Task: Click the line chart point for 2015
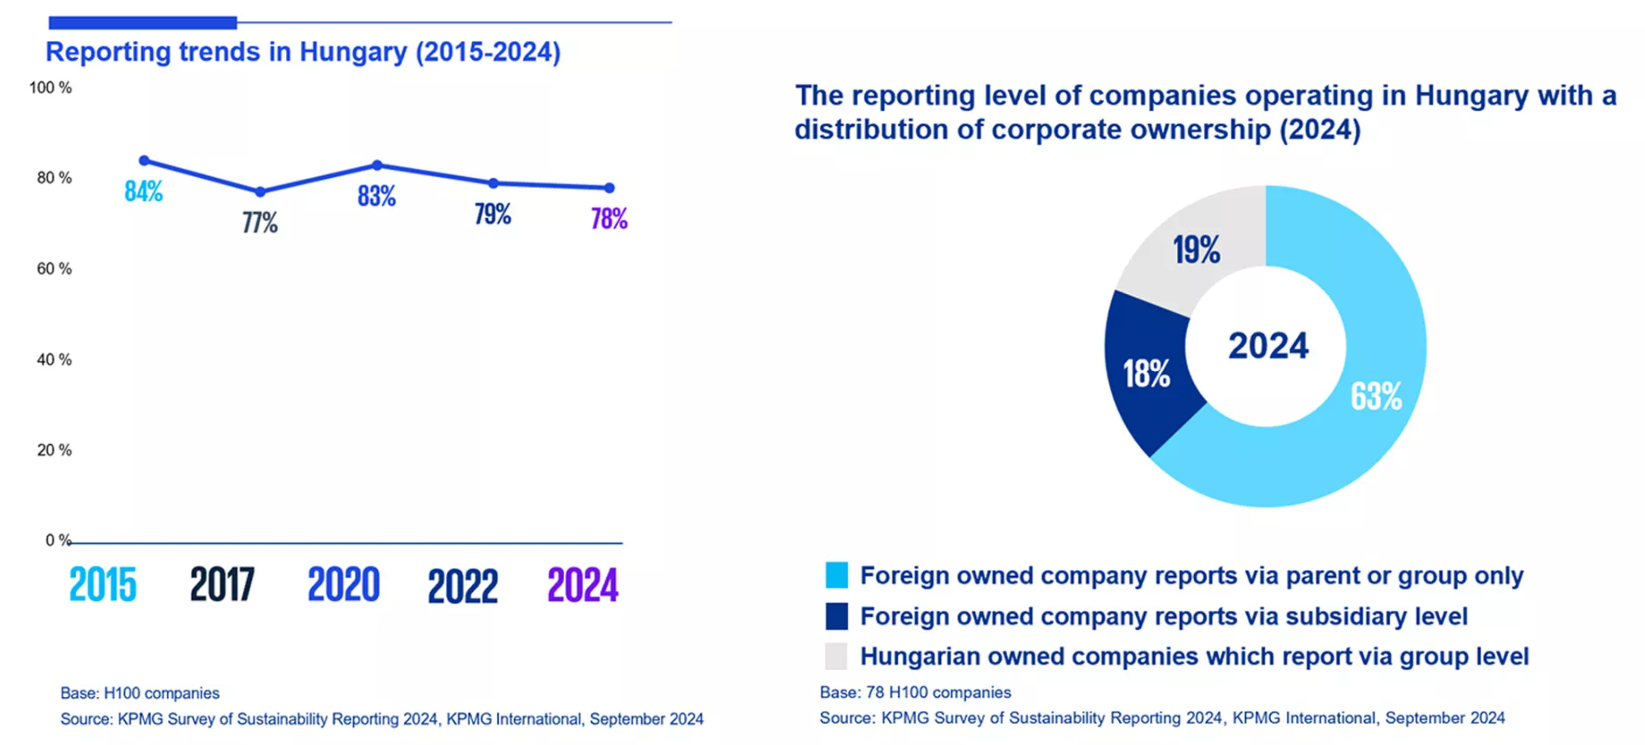[x=144, y=160]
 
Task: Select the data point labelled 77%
[x=260, y=191]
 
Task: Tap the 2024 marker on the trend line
[x=609, y=188]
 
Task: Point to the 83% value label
[x=376, y=196]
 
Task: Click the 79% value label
[x=492, y=214]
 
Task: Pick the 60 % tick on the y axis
[x=54, y=269]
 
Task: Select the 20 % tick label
[x=54, y=450]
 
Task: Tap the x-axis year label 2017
[x=222, y=585]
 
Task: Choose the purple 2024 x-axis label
[x=583, y=585]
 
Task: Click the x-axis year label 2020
[x=344, y=585]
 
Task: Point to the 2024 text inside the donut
[x=1268, y=345]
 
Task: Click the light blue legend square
[x=836, y=575]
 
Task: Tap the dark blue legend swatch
[x=836, y=616]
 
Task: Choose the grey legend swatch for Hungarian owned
[x=836, y=656]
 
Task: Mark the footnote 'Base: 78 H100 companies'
[x=915, y=692]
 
